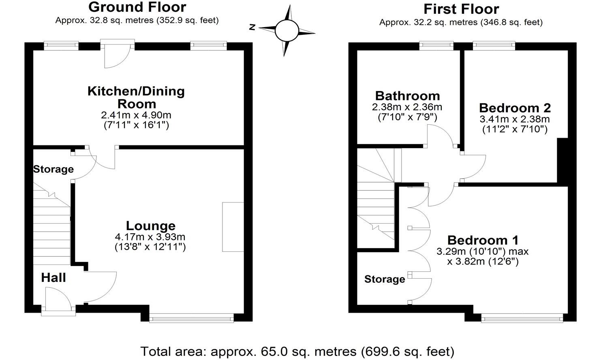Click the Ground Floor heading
coord(137,7)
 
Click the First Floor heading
coord(461,9)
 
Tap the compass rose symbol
coord(287,30)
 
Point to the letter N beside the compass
coord(252,28)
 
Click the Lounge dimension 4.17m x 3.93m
coord(150,236)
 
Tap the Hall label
coord(53,278)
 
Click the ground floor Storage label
coord(53,169)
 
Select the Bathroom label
coord(407,96)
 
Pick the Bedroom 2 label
coord(515,108)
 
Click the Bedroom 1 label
coord(483,240)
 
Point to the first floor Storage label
coord(385,279)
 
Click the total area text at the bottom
coord(297,351)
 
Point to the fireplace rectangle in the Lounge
coord(233,227)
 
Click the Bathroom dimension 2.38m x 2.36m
coord(407,107)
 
